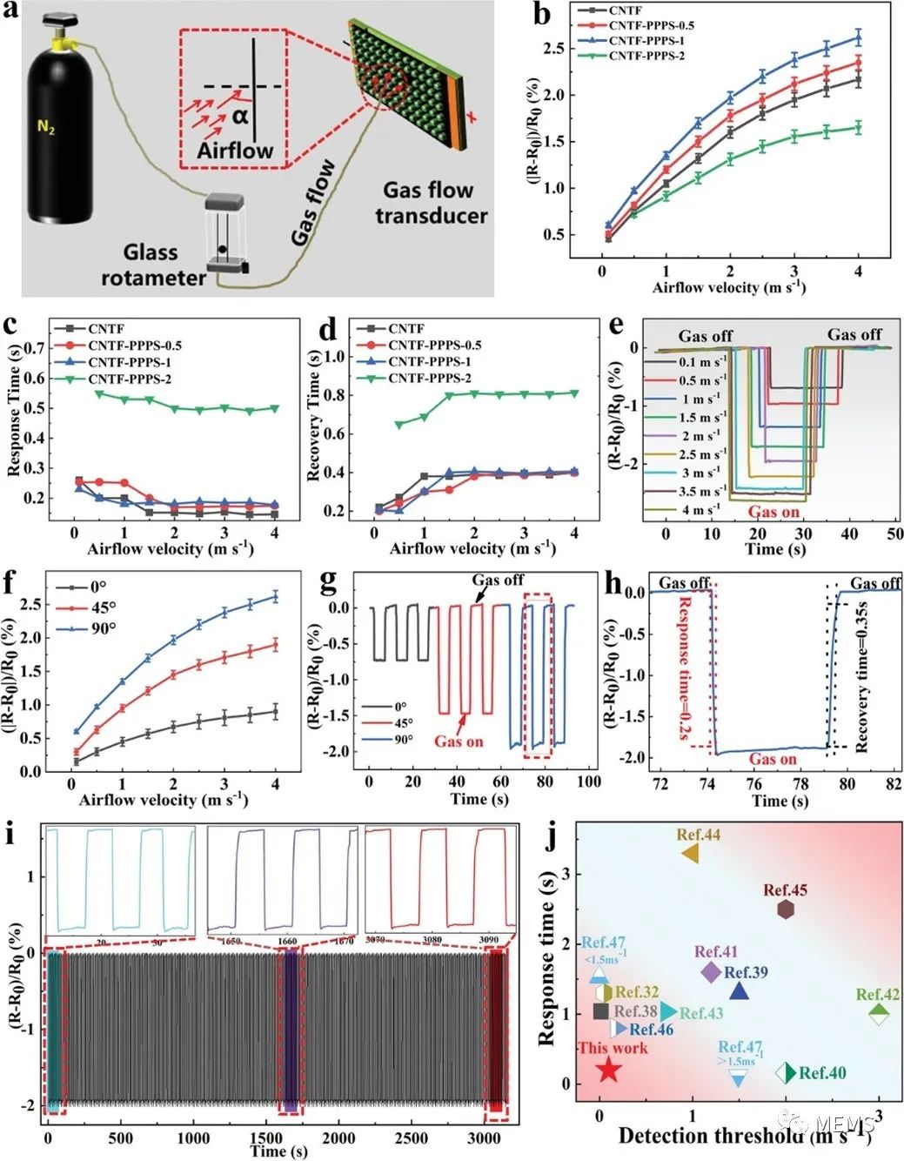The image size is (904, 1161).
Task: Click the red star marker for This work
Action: [x=609, y=1069]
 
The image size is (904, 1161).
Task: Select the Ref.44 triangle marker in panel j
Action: [x=691, y=854]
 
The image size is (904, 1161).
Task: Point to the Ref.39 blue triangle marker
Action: [x=739, y=991]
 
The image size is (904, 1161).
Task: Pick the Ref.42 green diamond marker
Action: [x=879, y=1014]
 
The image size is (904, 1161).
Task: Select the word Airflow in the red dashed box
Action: [x=235, y=150]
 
